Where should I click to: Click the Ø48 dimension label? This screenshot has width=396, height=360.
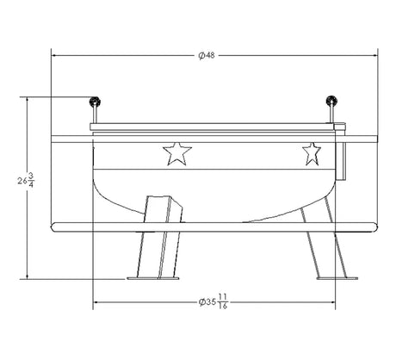(x=207, y=55)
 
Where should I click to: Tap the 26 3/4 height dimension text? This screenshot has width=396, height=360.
(x=26, y=180)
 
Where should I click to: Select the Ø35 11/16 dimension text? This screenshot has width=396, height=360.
(x=213, y=302)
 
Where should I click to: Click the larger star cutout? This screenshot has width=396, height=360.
(x=177, y=154)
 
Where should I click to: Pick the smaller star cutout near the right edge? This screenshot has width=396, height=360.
(x=312, y=154)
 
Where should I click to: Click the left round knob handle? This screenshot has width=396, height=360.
(x=95, y=102)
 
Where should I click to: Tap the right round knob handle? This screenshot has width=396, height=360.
(x=331, y=101)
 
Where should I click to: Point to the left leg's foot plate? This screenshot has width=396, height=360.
(x=152, y=278)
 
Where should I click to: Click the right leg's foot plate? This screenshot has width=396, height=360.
(x=337, y=278)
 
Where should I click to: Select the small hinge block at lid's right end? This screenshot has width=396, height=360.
(x=340, y=127)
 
